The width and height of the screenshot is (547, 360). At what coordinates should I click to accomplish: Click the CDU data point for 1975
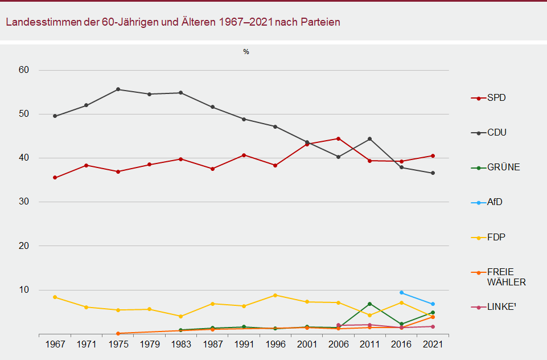point(118,89)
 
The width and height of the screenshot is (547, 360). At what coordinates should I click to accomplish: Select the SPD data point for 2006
point(339,138)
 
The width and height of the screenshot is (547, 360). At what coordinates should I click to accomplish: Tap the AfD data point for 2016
point(401,293)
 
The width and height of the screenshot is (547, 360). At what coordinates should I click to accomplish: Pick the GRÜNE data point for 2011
point(370,304)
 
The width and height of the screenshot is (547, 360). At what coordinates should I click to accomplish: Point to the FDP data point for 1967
point(55,297)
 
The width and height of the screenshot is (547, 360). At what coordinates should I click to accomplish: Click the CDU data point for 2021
point(433,173)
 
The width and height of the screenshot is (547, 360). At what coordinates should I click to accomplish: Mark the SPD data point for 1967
point(55,178)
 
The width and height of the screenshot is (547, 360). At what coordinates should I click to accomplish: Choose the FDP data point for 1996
point(275,295)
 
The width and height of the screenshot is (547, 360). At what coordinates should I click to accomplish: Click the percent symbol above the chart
point(246,52)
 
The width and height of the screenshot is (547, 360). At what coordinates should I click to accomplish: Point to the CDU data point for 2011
point(370,139)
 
